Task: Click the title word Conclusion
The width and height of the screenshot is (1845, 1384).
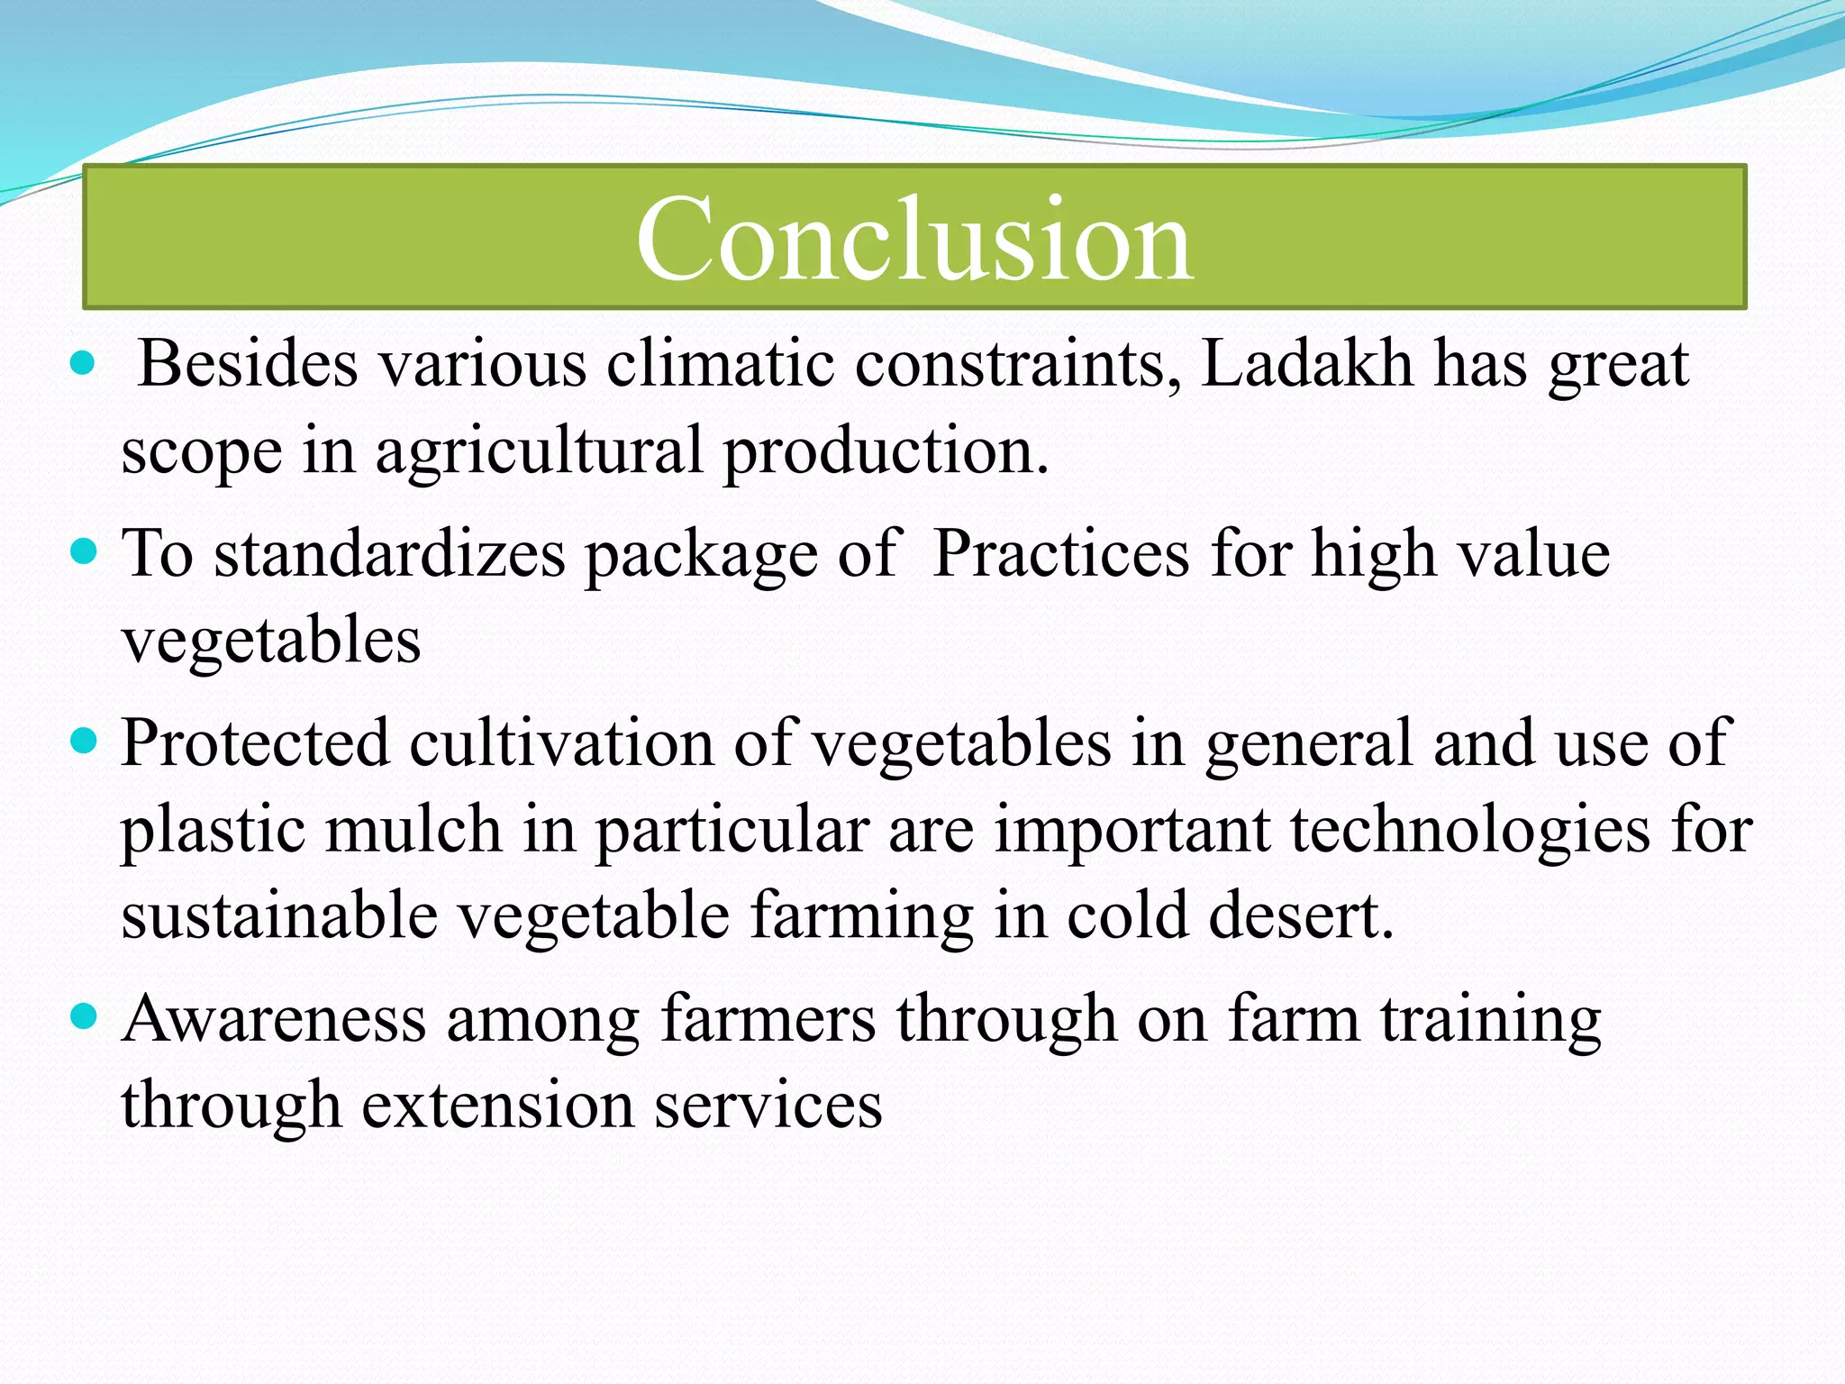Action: click(x=914, y=240)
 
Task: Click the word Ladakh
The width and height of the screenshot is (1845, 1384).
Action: click(x=1306, y=364)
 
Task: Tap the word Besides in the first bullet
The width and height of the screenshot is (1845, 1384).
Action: click(x=248, y=364)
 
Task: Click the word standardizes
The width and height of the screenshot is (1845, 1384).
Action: click(x=389, y=553)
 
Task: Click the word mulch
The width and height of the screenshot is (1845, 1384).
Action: click(x=414, y=829)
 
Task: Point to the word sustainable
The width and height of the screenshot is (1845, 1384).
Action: click(x=279, y=915)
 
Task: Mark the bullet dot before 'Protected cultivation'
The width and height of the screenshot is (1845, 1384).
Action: click(x=83, y=742)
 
